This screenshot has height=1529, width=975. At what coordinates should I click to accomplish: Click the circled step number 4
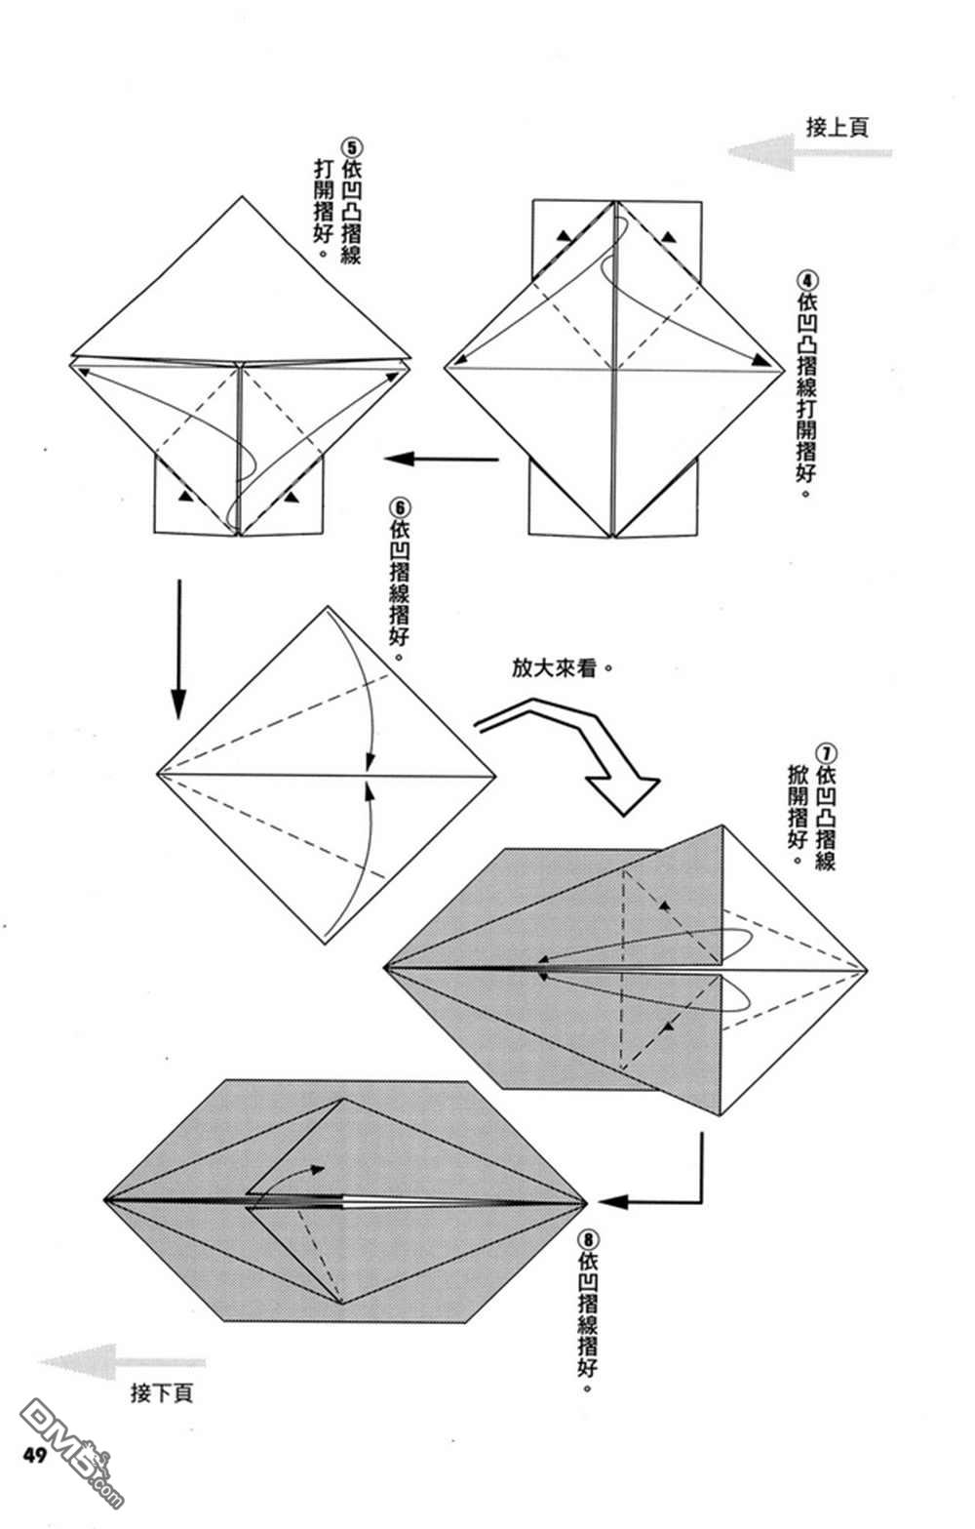(x=807, y=281)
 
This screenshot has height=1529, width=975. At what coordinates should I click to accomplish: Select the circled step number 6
(x=400, y=507)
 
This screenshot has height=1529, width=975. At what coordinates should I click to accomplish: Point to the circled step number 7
(x=826, y=753)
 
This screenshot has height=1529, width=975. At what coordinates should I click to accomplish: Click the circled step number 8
(x=588, y=1238)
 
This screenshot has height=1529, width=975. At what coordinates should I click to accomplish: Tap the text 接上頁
(x=838, y=127)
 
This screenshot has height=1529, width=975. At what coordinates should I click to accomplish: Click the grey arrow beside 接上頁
(x=809, y=152)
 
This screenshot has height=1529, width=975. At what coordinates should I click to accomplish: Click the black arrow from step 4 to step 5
(x=442, y=459)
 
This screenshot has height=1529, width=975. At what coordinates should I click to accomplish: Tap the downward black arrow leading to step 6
(x=178, y=649)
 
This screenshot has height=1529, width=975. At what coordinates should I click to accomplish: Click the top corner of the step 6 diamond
(x=328, y=606)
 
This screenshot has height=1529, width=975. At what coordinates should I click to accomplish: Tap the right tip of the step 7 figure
(x=867, y=969)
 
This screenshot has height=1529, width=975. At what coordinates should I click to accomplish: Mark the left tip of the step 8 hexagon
(x=104, y=1200)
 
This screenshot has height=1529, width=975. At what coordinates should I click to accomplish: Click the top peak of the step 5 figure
(x=242, y=196)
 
